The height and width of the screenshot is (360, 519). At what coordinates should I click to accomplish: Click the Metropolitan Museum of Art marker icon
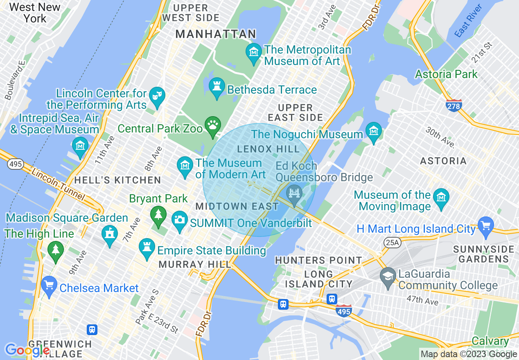pyautogui.click(x=254, y=52)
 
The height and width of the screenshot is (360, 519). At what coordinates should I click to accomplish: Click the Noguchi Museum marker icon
pyautogui.click(x=373, y=131)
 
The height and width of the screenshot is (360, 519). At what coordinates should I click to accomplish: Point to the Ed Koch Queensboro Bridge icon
pyautogui.click(x=294, y=193)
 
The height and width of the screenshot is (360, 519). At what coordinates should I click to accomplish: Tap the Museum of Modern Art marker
pyautogui.click(x=185, y=166)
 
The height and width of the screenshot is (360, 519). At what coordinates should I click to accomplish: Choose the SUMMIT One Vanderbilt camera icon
pyautogui.click(x=179, y=220)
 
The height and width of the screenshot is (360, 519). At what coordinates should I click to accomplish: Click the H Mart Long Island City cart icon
pyautogui.click(x=486, y=225)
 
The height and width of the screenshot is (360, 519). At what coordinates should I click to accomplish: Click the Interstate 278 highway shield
pyautogui.click(x=454, y=105)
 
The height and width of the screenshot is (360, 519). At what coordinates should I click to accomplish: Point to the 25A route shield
pyautogui.click(x=392, y=243)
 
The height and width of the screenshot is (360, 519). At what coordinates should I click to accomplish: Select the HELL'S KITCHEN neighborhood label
pyautogui.click(x=117, y=180)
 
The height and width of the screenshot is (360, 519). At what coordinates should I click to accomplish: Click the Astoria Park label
pyautogui.click(x=446, y=74)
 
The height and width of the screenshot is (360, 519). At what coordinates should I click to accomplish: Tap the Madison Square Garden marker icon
pyautogui.click(x=109, y=234)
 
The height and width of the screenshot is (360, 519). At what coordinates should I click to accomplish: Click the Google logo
pyautogui.click(x=27, y=350)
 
